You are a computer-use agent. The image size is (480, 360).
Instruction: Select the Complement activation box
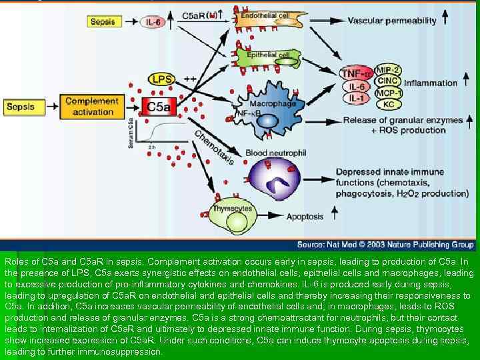click(91, 107)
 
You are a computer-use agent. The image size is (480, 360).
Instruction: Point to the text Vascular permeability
click(392, 21)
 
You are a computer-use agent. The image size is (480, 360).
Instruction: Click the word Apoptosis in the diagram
click(305, 217)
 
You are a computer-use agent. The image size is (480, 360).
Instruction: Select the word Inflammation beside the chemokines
click(431, 83)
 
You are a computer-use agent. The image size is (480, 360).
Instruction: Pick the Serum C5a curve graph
click(160, 134)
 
